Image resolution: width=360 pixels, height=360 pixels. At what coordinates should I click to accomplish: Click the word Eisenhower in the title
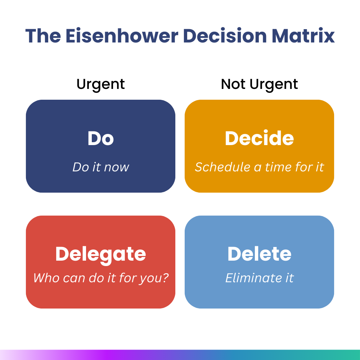point(122,36)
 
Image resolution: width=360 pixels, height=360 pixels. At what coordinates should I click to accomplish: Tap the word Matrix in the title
point(303,36)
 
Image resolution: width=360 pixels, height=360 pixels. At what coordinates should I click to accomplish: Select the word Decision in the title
point(225,36)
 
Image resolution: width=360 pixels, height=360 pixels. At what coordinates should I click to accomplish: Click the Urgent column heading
point(100,85)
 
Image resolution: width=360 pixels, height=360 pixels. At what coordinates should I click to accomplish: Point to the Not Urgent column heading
point(259,85)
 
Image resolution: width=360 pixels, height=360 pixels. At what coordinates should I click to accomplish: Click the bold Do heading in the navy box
point(100,138)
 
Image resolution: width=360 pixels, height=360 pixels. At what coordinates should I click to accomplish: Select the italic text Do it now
point(100,167)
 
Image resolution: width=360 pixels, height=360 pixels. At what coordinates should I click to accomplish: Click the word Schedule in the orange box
point(222,167)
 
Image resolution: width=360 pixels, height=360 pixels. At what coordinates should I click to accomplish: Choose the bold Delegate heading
point(100,255)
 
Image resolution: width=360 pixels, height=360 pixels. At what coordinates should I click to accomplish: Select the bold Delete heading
point(259,254)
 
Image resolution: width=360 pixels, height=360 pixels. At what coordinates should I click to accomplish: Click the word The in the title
point(43,36)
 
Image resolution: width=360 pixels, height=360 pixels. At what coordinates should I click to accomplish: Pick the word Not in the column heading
point(233,84)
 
